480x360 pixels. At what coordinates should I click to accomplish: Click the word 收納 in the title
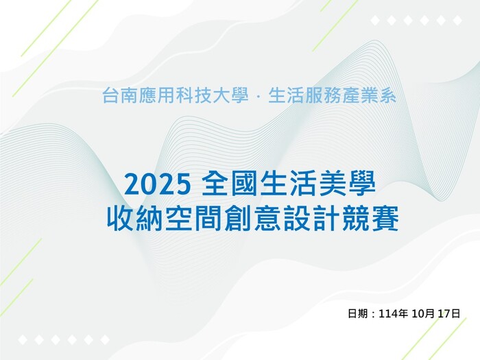click(131, 219)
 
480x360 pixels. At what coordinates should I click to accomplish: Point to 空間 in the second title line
click(184, 219)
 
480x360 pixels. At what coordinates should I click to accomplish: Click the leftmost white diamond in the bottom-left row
click(22, 339)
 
